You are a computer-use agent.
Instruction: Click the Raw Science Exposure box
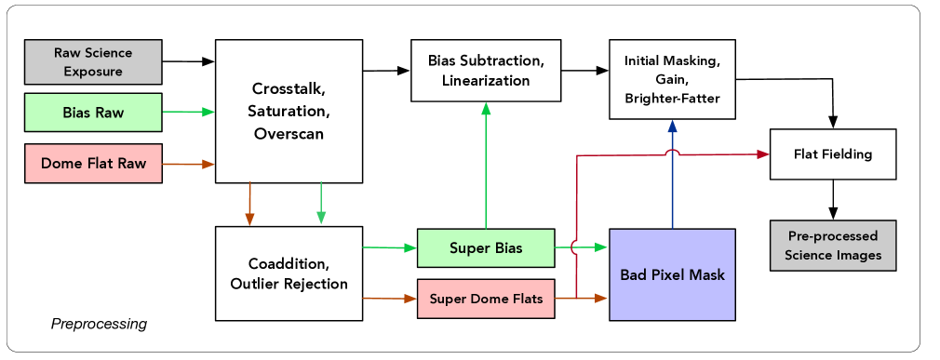pos(93,61)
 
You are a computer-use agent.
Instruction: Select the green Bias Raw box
pos(93,112)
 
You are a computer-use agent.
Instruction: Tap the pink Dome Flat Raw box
pos(93,163)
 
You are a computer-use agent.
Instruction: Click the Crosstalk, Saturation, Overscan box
pos(289,112)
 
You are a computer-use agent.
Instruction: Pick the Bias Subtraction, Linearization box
pos(486,71)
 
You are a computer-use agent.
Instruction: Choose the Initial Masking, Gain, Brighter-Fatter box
pos(672,79)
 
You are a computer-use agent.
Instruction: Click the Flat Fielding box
pos(833,153)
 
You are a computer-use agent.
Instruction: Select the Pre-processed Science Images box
pos(833,246)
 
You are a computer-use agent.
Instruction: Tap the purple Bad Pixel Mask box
pos(672,274)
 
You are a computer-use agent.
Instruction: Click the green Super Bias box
pos(486,248)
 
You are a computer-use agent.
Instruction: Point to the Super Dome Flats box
pos(486,299)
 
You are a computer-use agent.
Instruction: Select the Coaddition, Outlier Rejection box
pos(289,273)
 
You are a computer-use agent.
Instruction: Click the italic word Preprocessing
pos(99,324)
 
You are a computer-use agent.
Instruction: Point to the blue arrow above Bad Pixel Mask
pos(673,174)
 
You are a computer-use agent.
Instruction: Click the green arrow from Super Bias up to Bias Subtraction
pos(486,166)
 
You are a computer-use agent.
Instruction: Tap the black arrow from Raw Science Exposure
pos(189,61)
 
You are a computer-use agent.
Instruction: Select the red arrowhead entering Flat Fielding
pos(763,153)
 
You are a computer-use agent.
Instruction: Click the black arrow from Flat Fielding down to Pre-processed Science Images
pos(833,200)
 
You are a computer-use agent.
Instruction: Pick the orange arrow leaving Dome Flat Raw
pos(189,163)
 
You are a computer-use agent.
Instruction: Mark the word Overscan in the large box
pos(289,133)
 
